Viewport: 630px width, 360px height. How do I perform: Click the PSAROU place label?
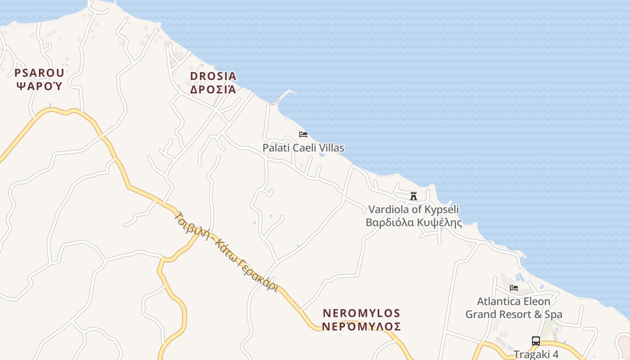point(39,72)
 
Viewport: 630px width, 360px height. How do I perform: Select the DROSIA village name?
point(213,76)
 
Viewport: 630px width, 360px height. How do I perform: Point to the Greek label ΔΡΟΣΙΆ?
point(213,89)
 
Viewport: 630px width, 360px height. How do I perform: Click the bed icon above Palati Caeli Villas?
point(303,135)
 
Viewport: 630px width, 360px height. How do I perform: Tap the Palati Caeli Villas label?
point(303,148)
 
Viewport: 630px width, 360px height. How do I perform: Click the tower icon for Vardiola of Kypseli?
point(414,196)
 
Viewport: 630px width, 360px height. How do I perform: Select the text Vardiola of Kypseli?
point(414,209)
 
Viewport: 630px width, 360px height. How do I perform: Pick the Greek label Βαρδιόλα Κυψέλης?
point(414,222)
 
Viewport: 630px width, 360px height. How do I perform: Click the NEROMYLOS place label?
point(362,313)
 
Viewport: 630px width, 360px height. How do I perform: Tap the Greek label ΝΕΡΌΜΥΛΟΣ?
point(362,326)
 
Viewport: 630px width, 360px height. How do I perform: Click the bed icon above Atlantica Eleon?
point(513,288)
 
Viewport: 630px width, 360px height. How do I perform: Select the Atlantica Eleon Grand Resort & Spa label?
point(513,308)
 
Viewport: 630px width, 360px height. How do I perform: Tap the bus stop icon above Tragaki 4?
point(535,341)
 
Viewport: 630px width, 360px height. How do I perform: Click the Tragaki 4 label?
point(536,354)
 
